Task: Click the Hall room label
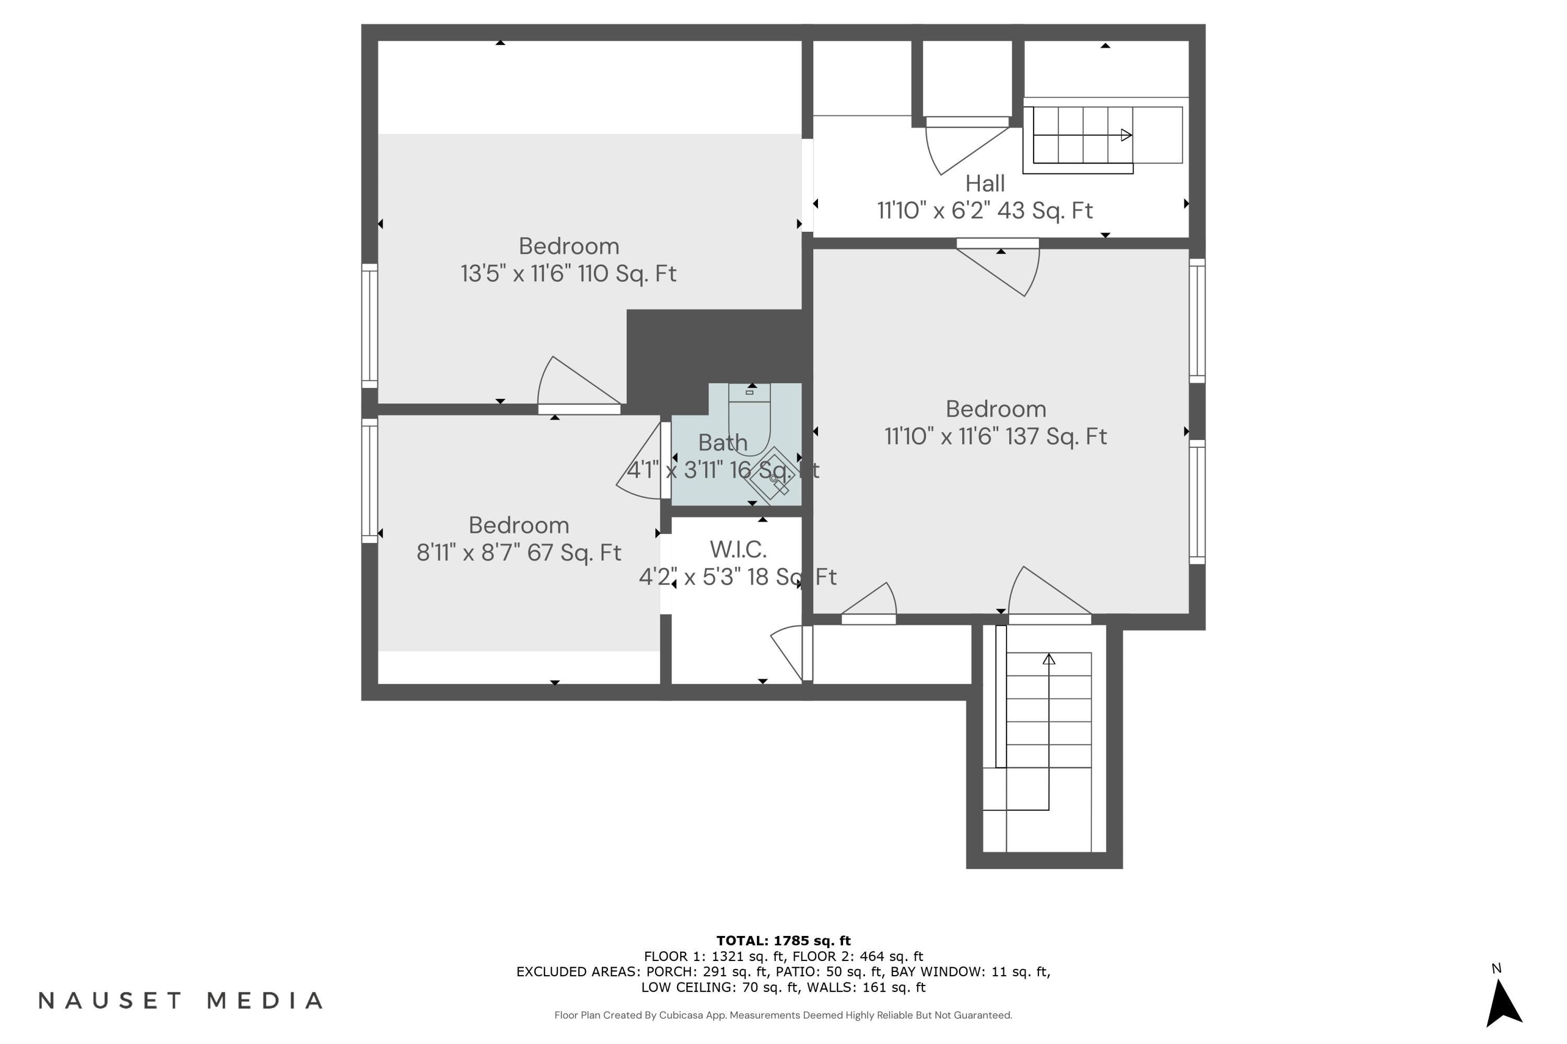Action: [985, 183]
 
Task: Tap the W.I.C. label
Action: [738, 549]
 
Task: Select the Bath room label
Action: [722, 442]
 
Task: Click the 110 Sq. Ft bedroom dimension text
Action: [568, 274]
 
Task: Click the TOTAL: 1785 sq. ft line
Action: [783, 941]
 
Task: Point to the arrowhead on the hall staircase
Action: [1126, 135]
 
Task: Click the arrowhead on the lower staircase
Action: [1049, 659]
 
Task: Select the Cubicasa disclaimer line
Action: [783, 1015]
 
